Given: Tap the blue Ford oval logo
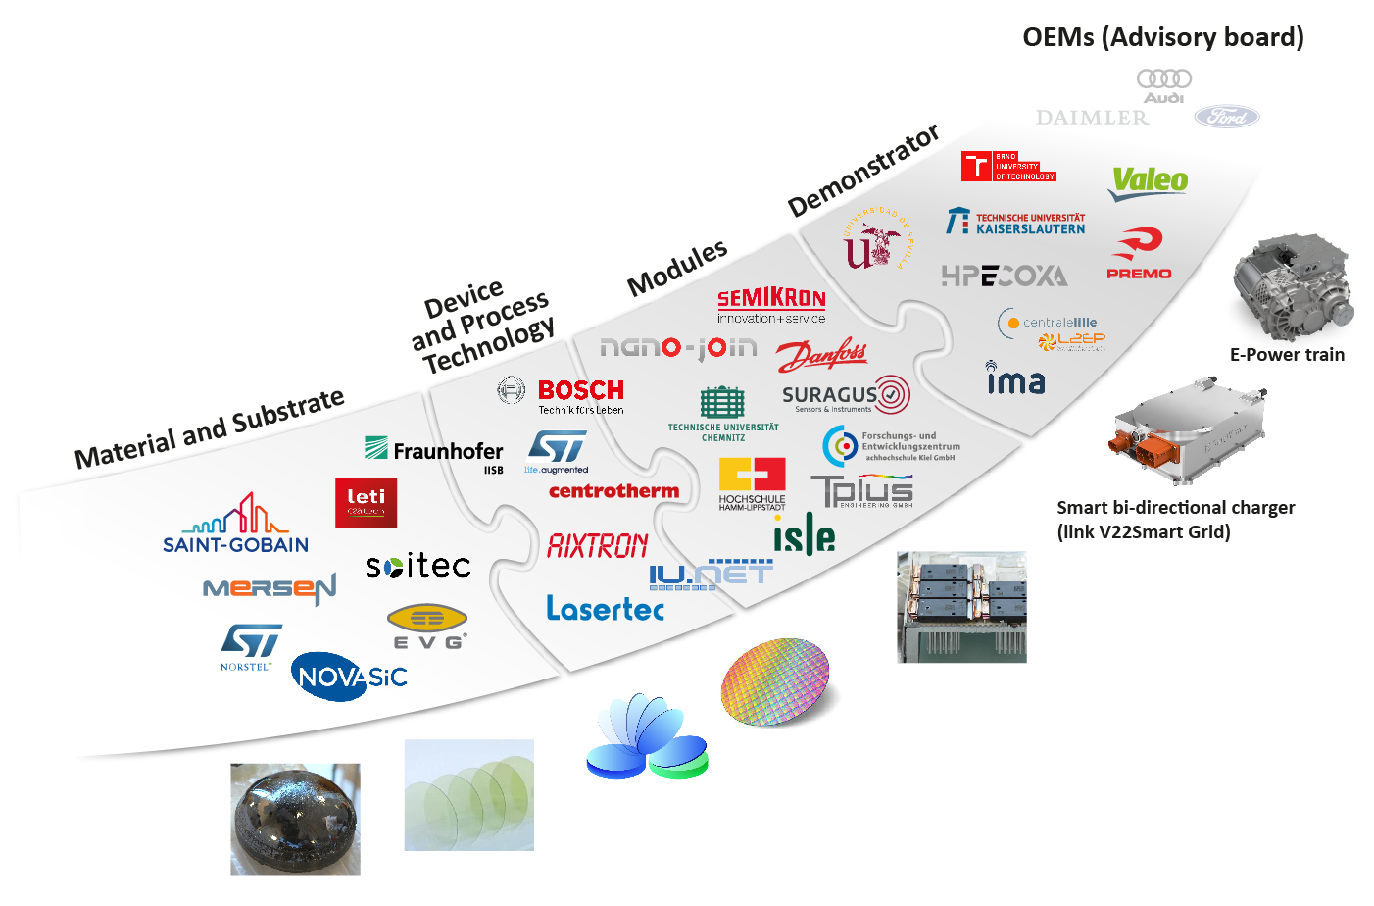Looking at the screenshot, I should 1226,117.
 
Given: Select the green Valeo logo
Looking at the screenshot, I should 1149,181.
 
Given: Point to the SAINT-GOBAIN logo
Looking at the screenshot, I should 236,526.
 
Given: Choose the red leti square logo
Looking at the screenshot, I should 366,502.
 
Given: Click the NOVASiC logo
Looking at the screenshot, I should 350,677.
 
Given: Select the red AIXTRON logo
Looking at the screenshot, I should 597,545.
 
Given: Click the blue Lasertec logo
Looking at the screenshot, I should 605,609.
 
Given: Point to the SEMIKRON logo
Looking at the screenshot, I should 771,304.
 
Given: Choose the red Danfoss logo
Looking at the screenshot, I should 821,354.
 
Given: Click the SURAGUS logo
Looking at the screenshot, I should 845,395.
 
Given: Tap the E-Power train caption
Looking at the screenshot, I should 1287,355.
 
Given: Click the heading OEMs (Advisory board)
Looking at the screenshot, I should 1162,37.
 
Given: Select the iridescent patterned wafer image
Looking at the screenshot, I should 776,681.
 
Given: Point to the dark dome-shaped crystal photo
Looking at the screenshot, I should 295,819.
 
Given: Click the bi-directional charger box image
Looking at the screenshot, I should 1189,430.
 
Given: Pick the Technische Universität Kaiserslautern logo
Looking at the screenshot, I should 1015,223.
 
